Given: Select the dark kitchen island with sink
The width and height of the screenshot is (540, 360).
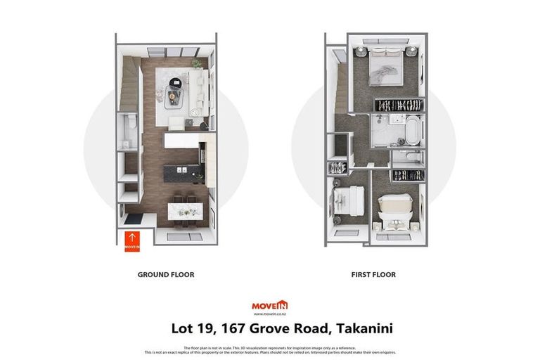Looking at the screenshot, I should [182, 172].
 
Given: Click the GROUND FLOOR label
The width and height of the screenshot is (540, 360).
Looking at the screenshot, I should [166, 275].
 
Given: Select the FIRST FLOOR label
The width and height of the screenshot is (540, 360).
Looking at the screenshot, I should [373, 275].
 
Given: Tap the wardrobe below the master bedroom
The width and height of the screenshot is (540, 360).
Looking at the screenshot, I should [399, 105].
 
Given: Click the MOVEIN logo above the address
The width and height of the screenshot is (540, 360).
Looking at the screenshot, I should [269, 304].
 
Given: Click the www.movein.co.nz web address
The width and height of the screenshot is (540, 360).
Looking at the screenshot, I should [269, 313].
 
